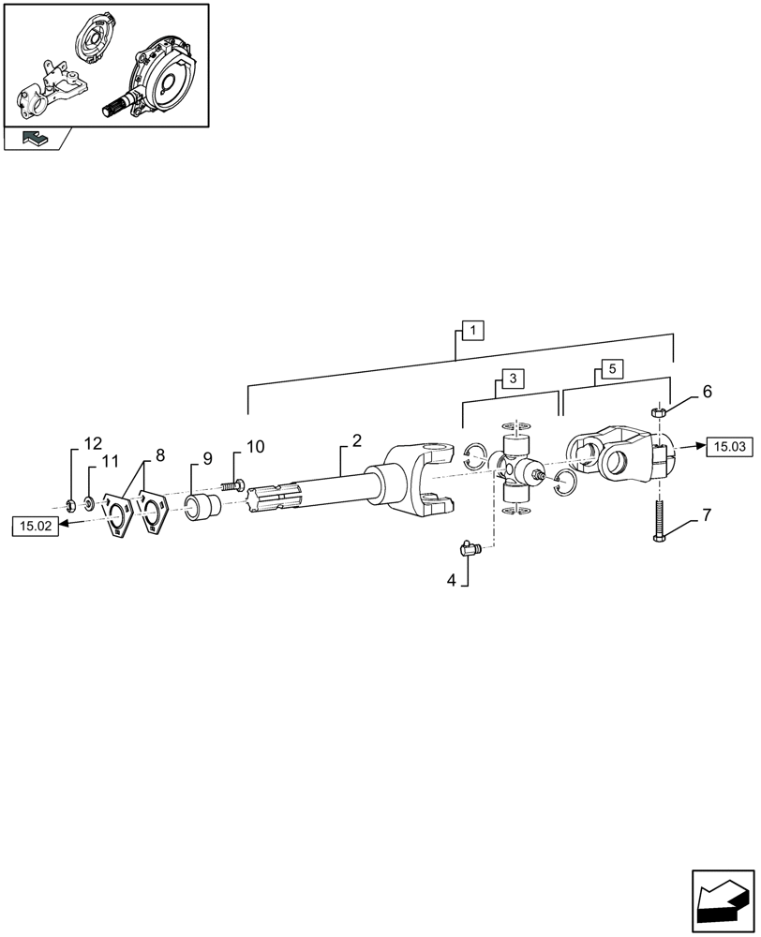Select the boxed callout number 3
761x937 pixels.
click(x=513, y=379)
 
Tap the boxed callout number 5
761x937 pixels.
click(x=611, y=369)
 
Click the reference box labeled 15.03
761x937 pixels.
click(x=730, y=447)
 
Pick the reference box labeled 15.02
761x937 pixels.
click(x=35, y=527)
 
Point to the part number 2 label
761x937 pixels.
click(x=356, y=439)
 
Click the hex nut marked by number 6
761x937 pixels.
click(x=659, y=409)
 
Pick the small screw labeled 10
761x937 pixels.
click(x=234, y=485)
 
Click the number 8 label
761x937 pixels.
click(x=160, y=454)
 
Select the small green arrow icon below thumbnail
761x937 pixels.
click(x=33, y=139)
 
